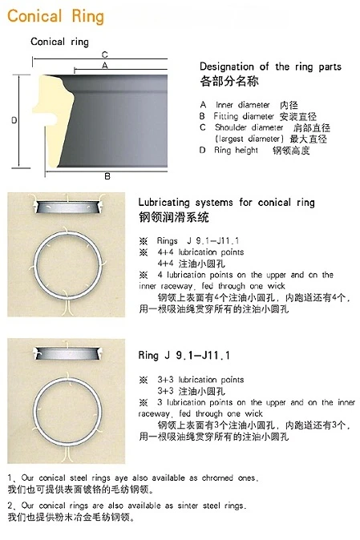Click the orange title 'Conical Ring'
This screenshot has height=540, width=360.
(x=55, y=17)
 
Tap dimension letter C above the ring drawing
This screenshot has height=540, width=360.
(x=105, y=54)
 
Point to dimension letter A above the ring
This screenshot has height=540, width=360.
(x=105, y=65)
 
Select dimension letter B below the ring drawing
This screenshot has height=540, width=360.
(x=107, y=176)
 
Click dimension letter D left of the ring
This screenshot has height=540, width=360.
(x=14, y=120)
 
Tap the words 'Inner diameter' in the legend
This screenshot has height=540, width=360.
(x=242, y=105)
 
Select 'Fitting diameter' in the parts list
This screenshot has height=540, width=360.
(x=244, y=116)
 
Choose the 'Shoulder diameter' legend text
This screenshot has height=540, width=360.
(x=249, y=127)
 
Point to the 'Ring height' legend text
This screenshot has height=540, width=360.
(x=236, y=150)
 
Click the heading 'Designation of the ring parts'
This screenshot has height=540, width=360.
(x=270, y=66)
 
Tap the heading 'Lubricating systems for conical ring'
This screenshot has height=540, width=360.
(x=226, y=202)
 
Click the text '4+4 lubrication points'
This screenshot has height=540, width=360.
(x=200, y=252)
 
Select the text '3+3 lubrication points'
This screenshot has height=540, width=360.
(x=200, y=380)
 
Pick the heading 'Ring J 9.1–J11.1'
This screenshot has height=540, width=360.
(x=184, y=355)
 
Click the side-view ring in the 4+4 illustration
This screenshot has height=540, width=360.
(x=68, y=206)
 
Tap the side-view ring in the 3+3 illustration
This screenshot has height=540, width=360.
(x=68, y=353)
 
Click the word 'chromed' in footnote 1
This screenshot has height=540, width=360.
(x=218, y=478)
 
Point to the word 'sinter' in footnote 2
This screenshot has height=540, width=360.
(x=188, y=506)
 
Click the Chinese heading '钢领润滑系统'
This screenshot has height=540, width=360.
(x=174, y=217)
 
